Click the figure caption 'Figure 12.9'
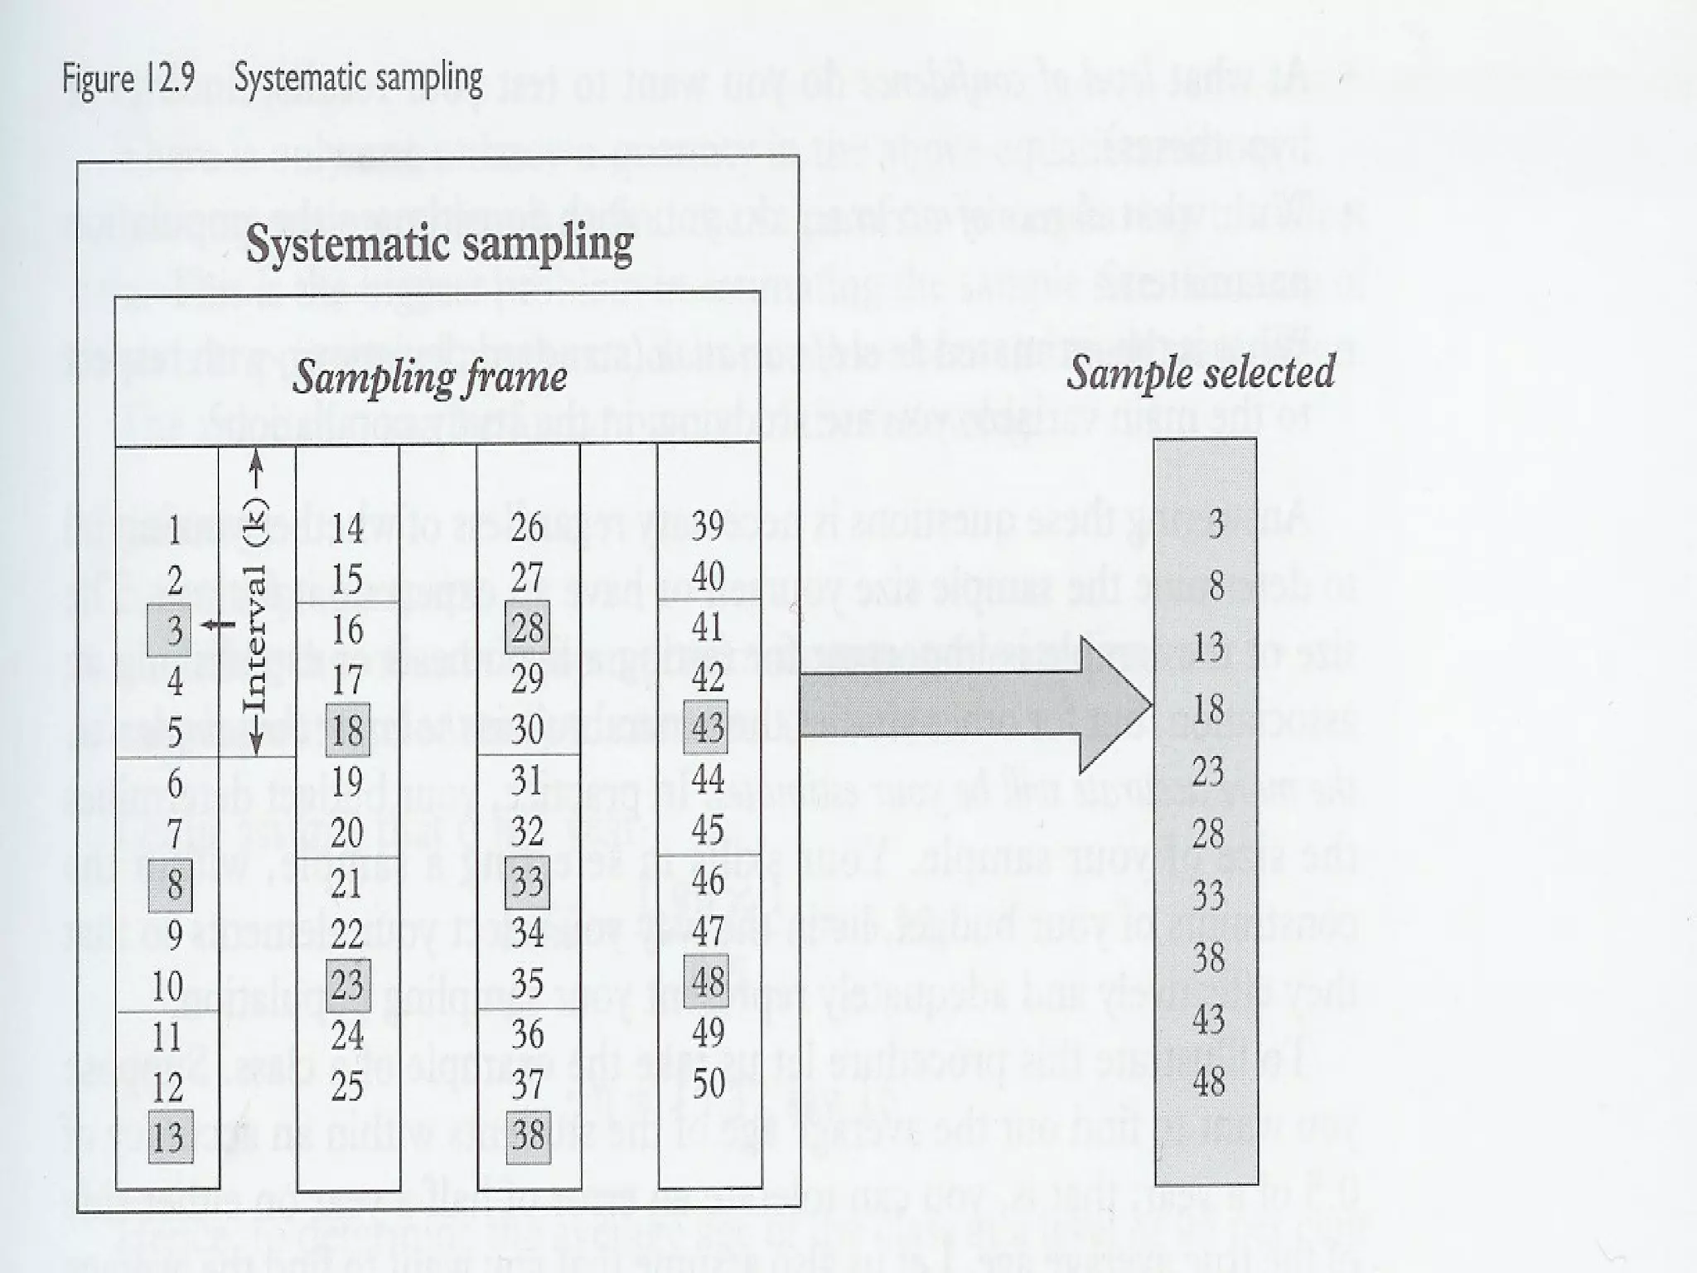pyautogui.click(x=128, y=80)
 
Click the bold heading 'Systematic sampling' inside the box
pyautogui.click(x=439, y=244)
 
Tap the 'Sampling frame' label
pyautogui.click(x=429, y=377)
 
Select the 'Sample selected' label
pyautogui.click(x=1200, y=371)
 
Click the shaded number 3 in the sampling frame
pyautogui.click(x=170, y=630)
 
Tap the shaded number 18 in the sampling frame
pyautogui.click(x=347, y=730)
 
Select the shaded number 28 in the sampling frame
pyautogui.click(x=527, y=628)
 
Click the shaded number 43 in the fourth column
pyautogui.click(x=707, y=728)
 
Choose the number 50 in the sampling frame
pyautogui.click(x=708, y=1082)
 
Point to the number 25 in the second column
pyautogui.click(x=347, y=1085)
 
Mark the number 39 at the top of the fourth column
pyautogui.click(x=708, y=525)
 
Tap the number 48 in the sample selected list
pyautogui.click(x=1208, y=1081)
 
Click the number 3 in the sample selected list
pyautogui.click(x=1216, y=524)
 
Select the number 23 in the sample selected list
pyautogui.click(x=1208, y=772)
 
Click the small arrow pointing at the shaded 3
pyautogui.click(x=218, y=625)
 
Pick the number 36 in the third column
pyautogui.click(x=528, y=1034)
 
